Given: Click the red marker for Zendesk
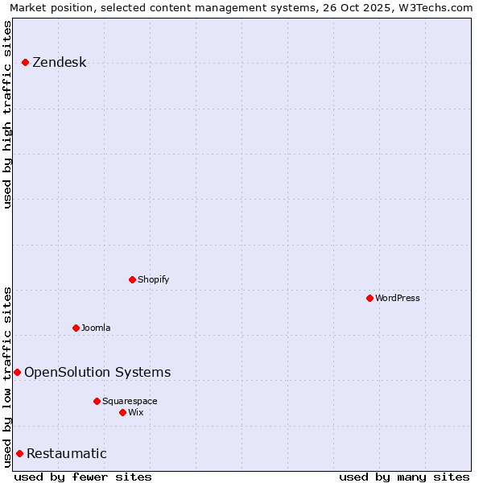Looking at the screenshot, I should pyautogui.click(x=25, y=62).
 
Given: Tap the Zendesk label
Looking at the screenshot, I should pyautogui.click(x=59, y=63).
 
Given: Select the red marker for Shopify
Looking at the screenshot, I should pyautogui.click(x=132, y=279).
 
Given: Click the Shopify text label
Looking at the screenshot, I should pyautogui.click(x=153, y=279).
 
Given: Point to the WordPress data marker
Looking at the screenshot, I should pyautogui.click(x=369, y=298).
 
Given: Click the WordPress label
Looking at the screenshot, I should pyautogui.click(x=397, y=298).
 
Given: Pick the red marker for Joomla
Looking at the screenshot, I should pyautogui.click(x=76, y=328).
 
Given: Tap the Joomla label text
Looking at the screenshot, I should pyautogui.click(x=96, y=328).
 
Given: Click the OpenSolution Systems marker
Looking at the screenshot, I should pyautogui.click(x=17, y=372).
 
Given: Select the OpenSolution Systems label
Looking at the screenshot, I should pyautogui.click(x=97, y=372).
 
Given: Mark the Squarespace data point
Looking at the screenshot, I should pyautogui.click(x=97, y=401).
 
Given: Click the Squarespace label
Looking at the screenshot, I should pyautogui.click(x=130, y=401).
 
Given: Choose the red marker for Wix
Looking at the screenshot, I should pyautogui.click(x=122, y=412).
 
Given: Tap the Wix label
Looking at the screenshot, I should pyautogui.click(x=136, y=412).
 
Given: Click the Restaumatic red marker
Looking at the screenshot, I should pyautogui.click(x=19, y=453).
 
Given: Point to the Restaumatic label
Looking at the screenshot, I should pyautogui.click(x=66, y=453).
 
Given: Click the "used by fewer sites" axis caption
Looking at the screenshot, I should pyautogui.click(x=83, y=477).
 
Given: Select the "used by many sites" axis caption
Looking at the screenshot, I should pyautogui.click(x=404, y=477).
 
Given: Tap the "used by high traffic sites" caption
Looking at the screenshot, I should pyautogui.click(x=8, y=114).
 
